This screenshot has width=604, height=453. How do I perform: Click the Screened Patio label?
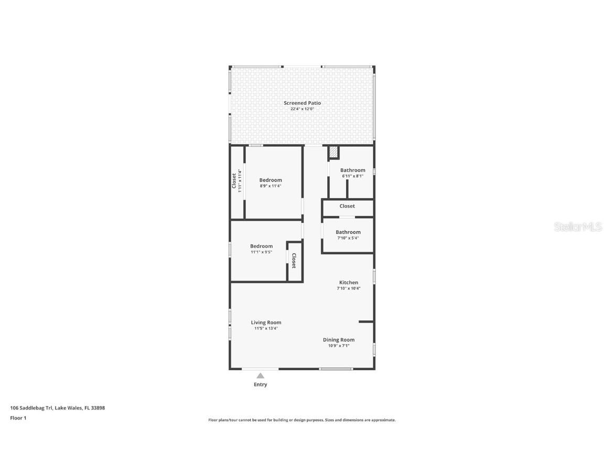(x=302, y=103)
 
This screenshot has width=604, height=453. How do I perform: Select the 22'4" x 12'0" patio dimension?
(x=302, y=109)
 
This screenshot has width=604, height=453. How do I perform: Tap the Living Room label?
(x=266, y=322)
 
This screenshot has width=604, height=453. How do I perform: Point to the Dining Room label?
(x=339, y=340)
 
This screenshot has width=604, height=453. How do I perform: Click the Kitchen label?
(x=349, y=283)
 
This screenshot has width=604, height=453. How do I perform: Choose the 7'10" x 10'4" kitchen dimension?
(x=349, y=288)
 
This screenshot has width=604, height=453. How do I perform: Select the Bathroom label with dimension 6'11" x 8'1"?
(x=353, y=170)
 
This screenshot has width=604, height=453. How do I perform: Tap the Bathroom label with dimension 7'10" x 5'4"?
(x=348, y=232)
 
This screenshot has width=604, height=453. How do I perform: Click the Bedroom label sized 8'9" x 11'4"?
(x=271, y=180)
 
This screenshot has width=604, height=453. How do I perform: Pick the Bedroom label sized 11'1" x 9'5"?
(x=261, y=246)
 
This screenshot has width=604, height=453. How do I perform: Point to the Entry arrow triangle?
(x=261, y=375)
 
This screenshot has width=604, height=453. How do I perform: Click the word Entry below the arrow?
(x=261, y=384)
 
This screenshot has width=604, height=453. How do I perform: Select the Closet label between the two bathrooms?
(x=347, y=206)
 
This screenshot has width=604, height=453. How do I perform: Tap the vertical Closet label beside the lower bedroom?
(x=294, y=261)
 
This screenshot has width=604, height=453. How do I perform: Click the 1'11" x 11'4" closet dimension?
(x=240, y=181)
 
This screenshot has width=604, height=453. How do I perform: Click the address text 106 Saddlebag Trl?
(x=31, y=408)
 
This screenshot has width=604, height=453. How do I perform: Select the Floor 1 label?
(x=18, y=418)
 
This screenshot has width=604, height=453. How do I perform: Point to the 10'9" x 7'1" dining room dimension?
(x=339, y=346)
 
